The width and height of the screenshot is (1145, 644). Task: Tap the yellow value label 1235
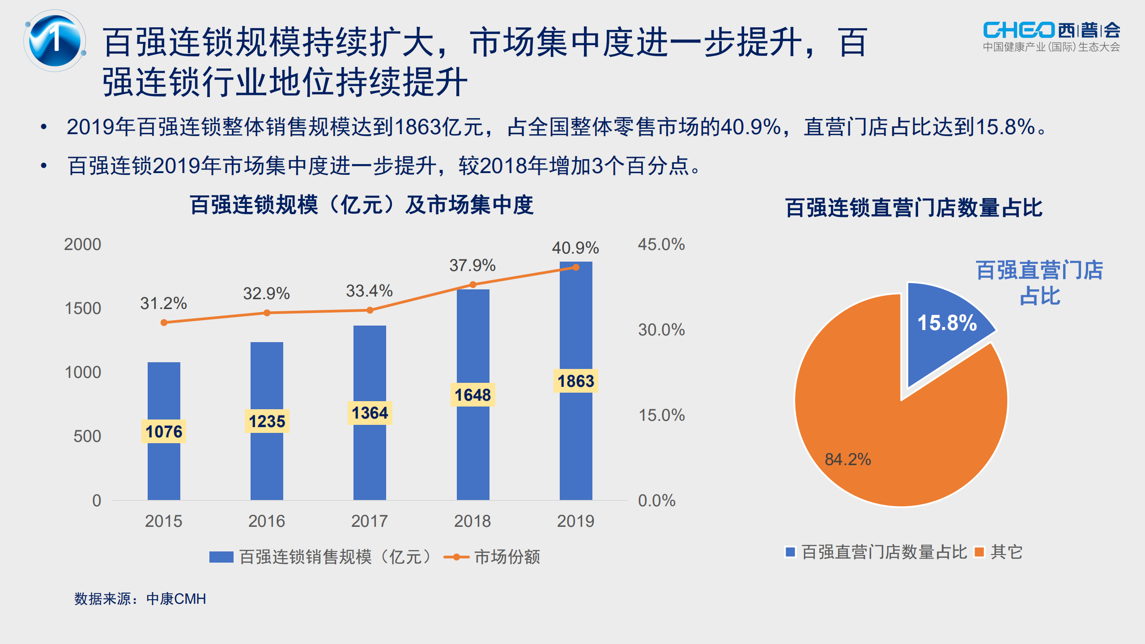coord(267,421)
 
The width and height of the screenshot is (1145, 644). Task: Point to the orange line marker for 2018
coord(473,284)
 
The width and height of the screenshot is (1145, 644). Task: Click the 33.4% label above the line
coord(369,291)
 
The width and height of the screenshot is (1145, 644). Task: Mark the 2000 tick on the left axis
coord(83,245)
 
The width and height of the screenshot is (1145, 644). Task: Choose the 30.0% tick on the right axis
coord(661,330)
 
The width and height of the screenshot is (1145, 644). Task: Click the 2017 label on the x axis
coord(369,521)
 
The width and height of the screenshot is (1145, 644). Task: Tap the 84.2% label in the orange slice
coord(847,459)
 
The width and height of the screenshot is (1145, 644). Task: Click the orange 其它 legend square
coord(979,552)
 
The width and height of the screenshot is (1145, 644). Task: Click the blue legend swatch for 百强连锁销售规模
coord(221,557)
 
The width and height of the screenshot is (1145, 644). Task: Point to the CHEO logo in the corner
coord(1051,36)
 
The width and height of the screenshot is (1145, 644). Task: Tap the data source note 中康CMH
coord(140,599)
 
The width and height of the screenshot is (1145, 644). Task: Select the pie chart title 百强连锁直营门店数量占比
coord(914,208)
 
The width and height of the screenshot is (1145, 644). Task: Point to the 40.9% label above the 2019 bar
coord(575,248)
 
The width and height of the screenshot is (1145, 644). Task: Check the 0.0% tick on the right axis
coord(656,500)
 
